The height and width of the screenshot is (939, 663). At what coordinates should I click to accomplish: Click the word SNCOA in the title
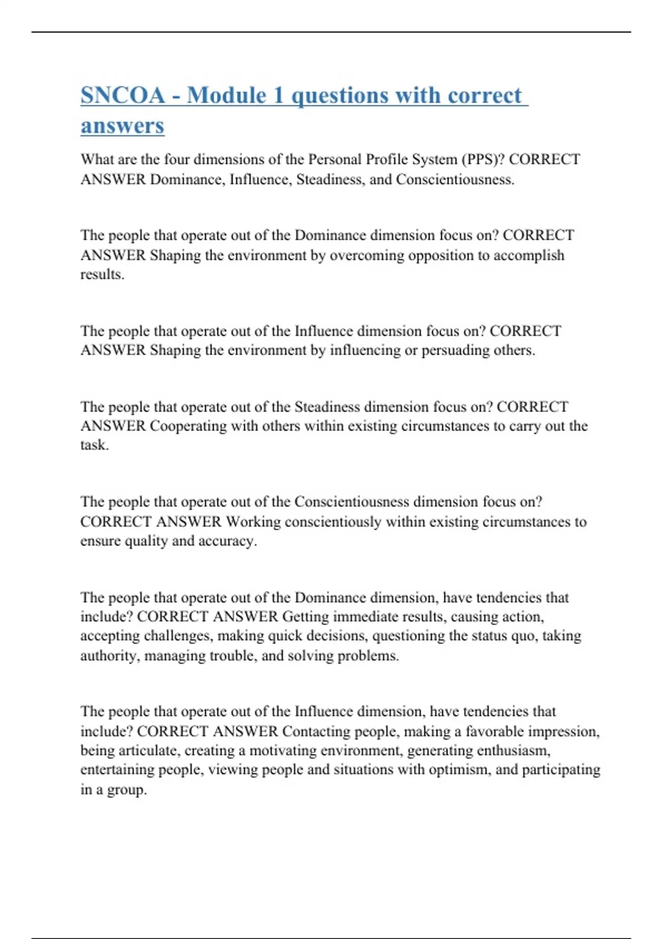coord(123,96)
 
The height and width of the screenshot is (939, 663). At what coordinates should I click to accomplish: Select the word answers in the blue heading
coord(122,126)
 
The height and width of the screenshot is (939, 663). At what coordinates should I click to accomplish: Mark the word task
coord(94,445)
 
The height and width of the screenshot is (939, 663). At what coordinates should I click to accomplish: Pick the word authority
coord(109,656)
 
